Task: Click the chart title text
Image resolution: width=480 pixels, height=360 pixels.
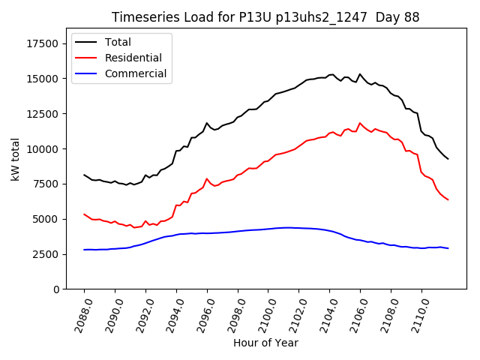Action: click(x=265, y=17)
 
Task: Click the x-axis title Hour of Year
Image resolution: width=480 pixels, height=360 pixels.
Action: click(x=265, y=343)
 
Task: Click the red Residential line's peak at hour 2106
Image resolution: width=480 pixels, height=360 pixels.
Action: click(x=360, y=123)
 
